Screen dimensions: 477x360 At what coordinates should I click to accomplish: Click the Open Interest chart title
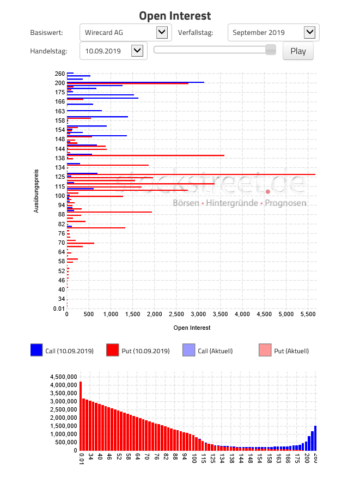[175, 16]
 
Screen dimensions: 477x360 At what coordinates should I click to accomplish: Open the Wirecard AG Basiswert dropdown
[125, 33]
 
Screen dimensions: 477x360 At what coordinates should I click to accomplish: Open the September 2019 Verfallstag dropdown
[273, 33]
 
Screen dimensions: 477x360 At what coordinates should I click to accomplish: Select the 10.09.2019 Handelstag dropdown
[113, 51]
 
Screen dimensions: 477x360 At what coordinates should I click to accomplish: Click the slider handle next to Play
[270, 50]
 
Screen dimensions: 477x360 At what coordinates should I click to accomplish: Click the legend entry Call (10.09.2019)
[62, 351]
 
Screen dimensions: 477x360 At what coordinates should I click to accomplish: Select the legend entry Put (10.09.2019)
[138, 351]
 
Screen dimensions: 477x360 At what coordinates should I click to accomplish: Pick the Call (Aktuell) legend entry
[208, 351]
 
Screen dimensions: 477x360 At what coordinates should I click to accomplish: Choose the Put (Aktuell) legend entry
[284, 351]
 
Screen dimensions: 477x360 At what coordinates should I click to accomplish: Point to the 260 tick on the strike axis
[60, 74]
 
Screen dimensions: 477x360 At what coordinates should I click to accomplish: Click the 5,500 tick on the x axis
[307, 314]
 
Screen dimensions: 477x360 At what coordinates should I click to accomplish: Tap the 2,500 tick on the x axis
[176, 314]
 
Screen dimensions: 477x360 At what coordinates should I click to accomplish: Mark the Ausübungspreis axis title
[36, 191]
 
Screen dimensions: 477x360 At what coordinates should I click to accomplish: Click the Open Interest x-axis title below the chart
[192, 328]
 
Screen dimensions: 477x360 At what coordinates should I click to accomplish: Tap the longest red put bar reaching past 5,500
[191, 174]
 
